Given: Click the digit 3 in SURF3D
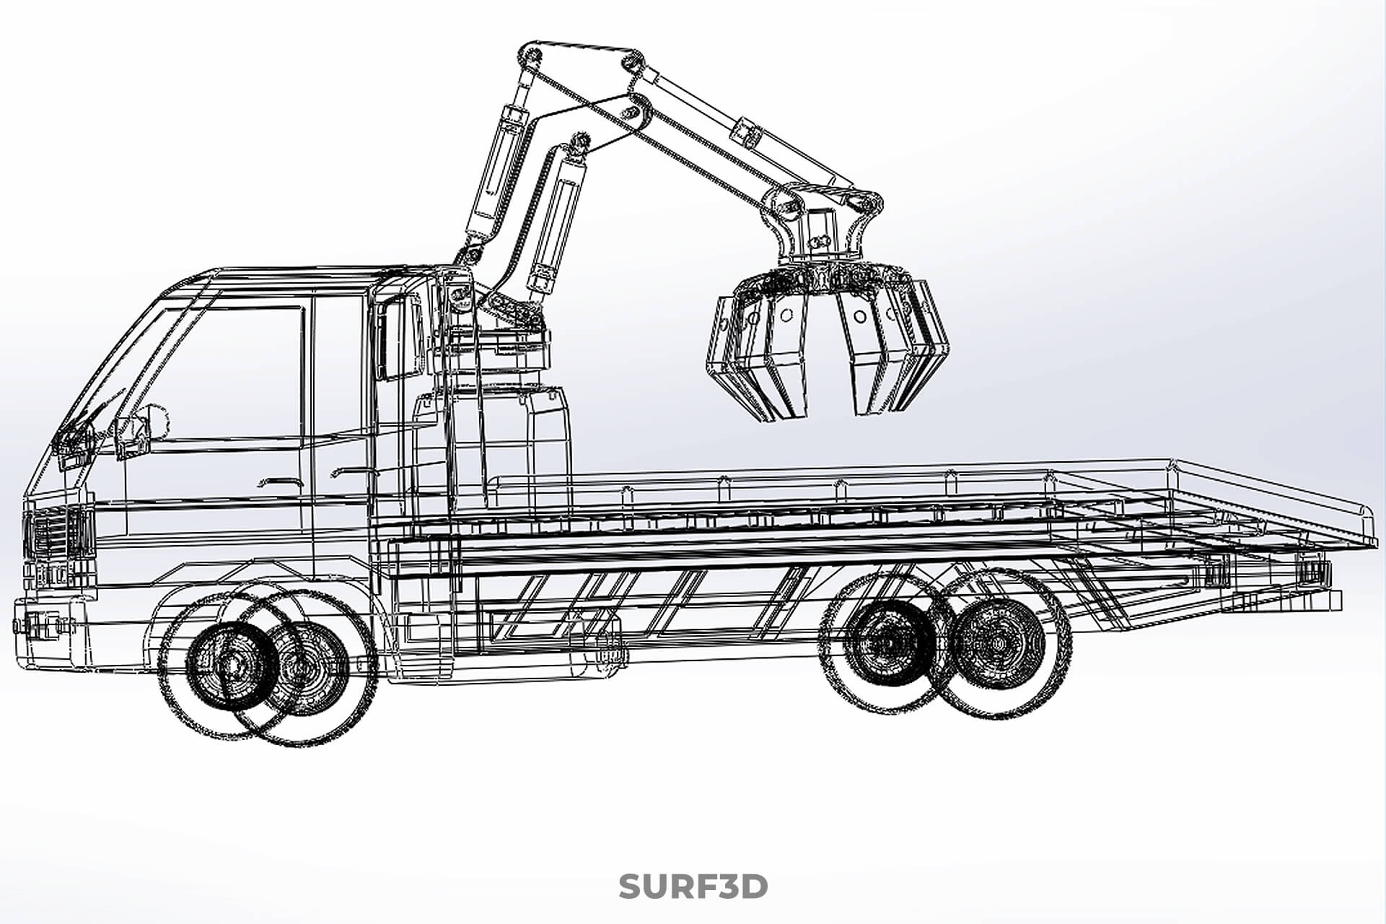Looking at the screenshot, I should (x=725, y=886).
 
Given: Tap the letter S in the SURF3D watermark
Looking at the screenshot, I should (x=630, y=886).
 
